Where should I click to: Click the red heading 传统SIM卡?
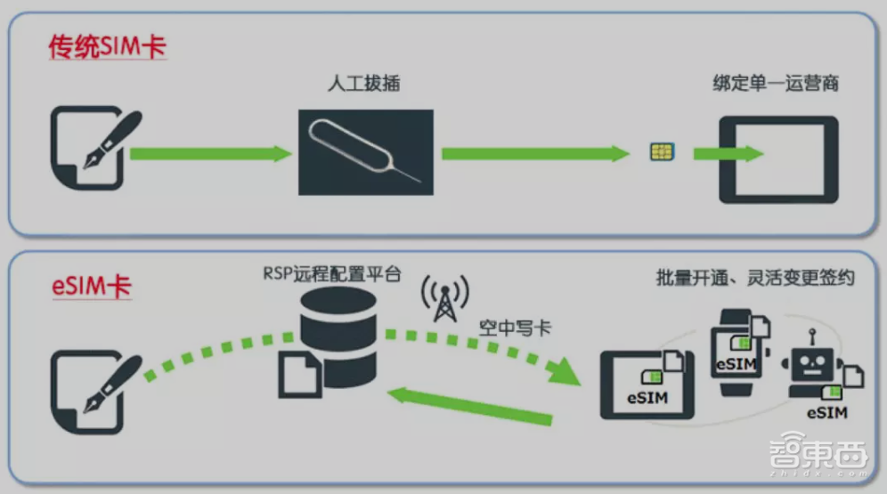pos(107,47)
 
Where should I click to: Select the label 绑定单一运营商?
pos(776,84)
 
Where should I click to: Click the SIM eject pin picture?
pos(365,152)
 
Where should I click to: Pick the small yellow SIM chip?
pos(661,152)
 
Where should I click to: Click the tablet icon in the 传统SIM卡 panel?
pos(778,159)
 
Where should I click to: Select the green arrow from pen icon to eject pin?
pos(211,154)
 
